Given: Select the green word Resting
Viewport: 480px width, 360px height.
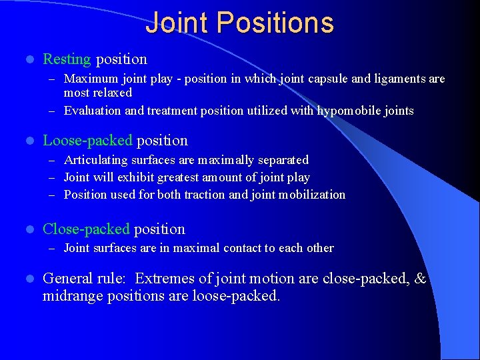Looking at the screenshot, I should [67, 59].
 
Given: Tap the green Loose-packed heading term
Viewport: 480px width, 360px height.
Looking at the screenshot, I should [87, 141].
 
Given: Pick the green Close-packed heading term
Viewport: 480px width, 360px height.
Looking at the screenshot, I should [86, 229].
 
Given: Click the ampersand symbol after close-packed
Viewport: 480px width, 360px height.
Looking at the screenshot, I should [420, 279].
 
